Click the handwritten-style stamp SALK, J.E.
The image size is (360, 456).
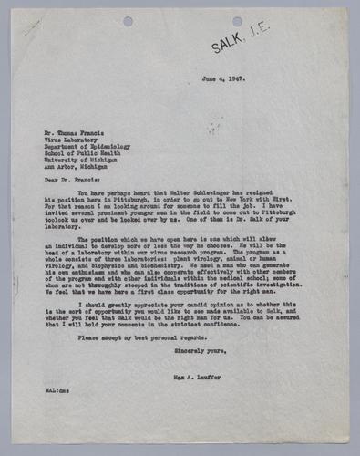pyautogui.click(x=239, y=41)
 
